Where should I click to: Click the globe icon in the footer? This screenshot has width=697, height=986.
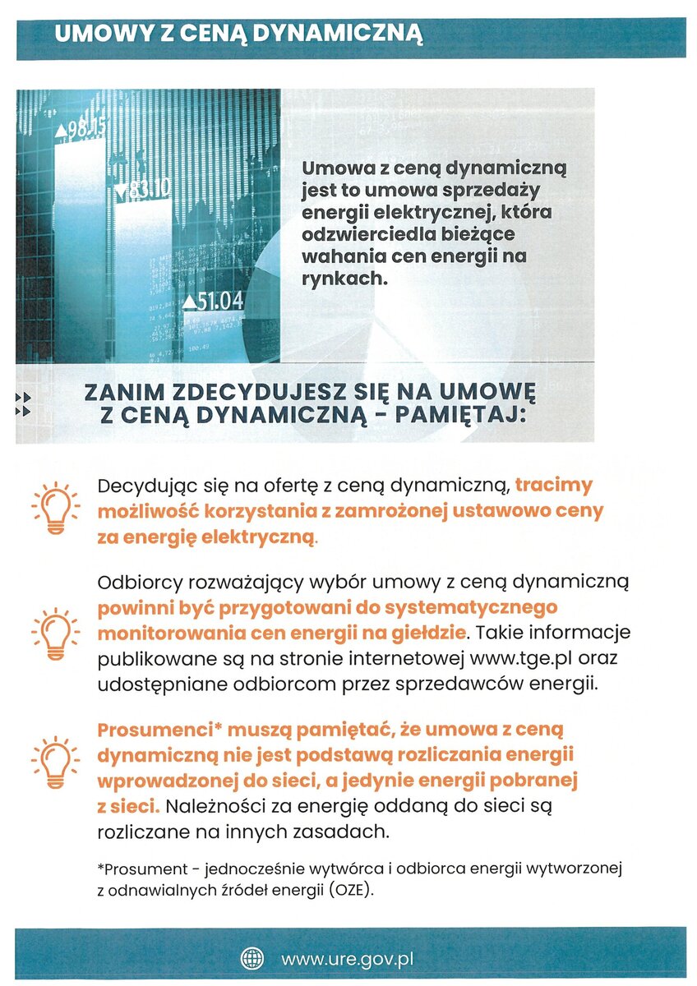tap(252, 958)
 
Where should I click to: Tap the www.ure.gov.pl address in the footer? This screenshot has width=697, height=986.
tap(346, 959)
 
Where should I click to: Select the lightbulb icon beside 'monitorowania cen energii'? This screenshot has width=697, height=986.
tap(55, 634)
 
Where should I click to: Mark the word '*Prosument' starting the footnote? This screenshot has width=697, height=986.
tap(139, 868)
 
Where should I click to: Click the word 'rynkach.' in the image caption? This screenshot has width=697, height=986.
tap(344, 279)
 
